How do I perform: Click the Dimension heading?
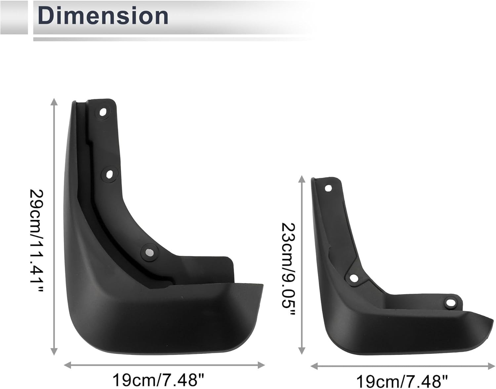coord(103,16)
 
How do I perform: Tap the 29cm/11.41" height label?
coord(37,241)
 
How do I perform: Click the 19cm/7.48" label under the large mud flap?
coord(158,380)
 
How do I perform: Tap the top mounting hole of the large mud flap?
coord(103,112)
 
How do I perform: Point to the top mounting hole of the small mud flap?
coord(328,188)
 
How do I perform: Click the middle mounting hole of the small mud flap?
coord(353,278)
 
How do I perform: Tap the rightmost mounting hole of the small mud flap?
coord(450,303)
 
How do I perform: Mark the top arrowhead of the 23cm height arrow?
coord(302,179)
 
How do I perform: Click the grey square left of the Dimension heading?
coord(14,17)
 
